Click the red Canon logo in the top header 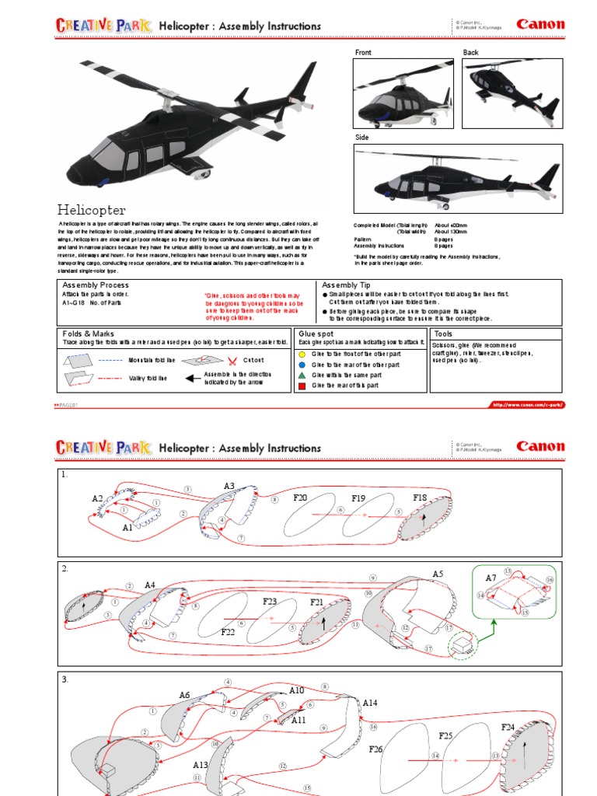click(x=540, y=24)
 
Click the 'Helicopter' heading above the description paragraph click(x=91, y=209)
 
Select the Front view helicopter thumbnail click(x=403, y=93)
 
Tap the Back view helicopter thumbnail click(x=512, y=93)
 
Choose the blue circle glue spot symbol click(x=302, y=364)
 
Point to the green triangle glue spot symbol click(x=302, y=375)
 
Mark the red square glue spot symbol click(x=302, y=385)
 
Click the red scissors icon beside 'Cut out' click(x=232, y=360)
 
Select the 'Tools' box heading click(x=444, y=333)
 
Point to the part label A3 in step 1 click(x=229, y=486)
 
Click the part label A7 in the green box click(x=491, y=578)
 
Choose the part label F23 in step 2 click(x=270, y=601)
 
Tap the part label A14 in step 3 click(x=370, y=702)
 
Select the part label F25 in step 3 click(x=446, y=735)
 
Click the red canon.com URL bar click(x=526, y=404)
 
